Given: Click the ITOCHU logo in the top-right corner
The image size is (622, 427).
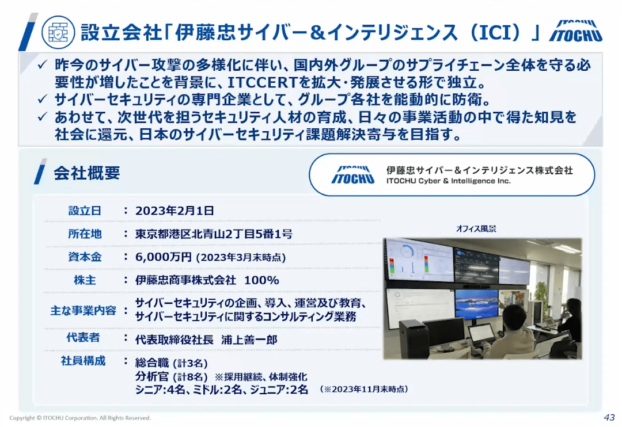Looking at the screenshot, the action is pyautogui.click(x=575, y=31).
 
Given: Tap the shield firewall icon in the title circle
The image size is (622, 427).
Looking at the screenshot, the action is pyautogui.click(x=58, y=32).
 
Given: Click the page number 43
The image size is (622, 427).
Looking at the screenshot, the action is pyautogui.click(x=609, y=417).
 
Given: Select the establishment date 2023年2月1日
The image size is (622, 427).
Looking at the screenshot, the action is pyautogui.click(x=175, y=211).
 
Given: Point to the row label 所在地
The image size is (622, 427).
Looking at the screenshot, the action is pyautogui.click(x=85, y=234).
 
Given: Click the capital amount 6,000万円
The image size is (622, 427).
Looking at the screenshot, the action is pyautogui.click(x=164, y=257).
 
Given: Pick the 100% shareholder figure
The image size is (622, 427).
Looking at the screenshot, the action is pyautogui.click(x=261, y=280).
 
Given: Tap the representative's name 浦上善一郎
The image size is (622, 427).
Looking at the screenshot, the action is pyautogui.click(x=249, y=340).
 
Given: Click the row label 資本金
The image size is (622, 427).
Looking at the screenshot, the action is pyautogui.click(x=85, y=257).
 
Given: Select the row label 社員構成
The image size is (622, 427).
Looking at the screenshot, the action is pyautogui.click(x=84, y=361).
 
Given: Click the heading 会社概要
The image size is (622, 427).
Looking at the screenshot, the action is pyautogui.click(x=87, y=173).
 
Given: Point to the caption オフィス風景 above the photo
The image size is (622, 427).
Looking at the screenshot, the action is pyautogui.click(x=476, y=229).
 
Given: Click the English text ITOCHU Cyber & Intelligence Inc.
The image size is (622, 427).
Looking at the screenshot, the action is pyautogui.click(x=449, y=181).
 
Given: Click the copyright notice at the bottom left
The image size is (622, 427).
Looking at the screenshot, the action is pyautogui.click(x=80, y=418).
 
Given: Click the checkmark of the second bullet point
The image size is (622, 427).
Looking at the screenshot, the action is pyautogui.click(x=43, y=99).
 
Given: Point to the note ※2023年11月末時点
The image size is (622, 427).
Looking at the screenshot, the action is pyautogui.click(x=364, y=390).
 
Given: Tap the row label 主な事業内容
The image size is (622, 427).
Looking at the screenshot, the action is pyautogui.click(x=84, y=310).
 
